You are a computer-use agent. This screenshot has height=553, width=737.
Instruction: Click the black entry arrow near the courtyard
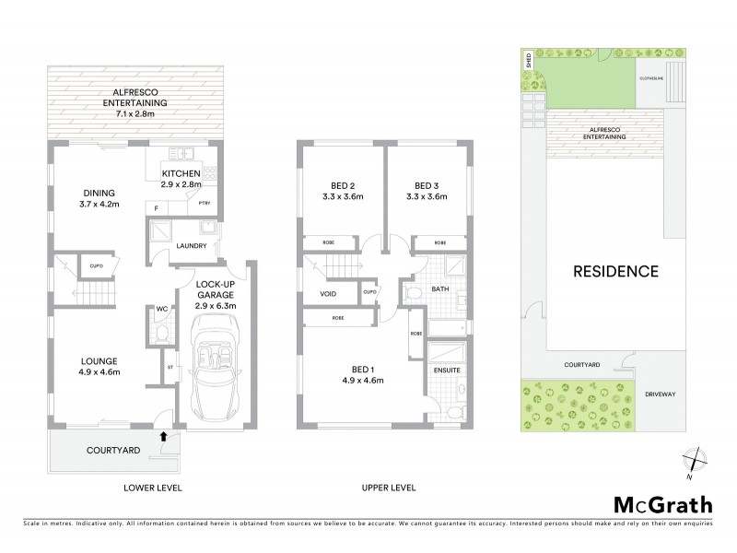tap(165, 436)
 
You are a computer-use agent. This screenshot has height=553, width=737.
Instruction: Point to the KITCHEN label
tap(181, 173)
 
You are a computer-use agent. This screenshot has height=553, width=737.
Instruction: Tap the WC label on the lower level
tap(160, 309)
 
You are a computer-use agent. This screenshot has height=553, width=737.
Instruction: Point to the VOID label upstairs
tap(328, 294)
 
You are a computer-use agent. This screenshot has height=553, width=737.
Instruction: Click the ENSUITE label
tap(447, 370)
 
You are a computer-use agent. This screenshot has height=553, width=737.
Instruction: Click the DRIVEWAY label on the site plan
tap(660, 394)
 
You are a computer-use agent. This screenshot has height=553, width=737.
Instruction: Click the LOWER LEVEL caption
tap(154, 487)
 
